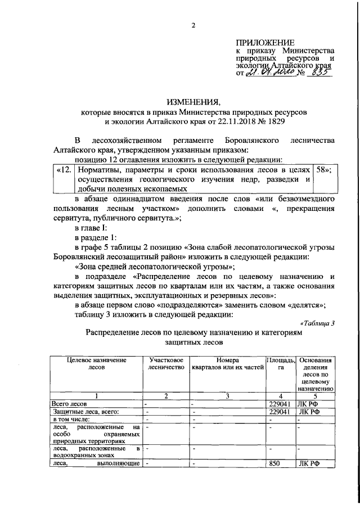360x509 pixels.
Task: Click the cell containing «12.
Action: [x=62, y=169]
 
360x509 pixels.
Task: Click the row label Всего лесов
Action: [x=69, y=403]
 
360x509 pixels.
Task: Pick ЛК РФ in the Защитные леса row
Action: [x=309, y=411]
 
